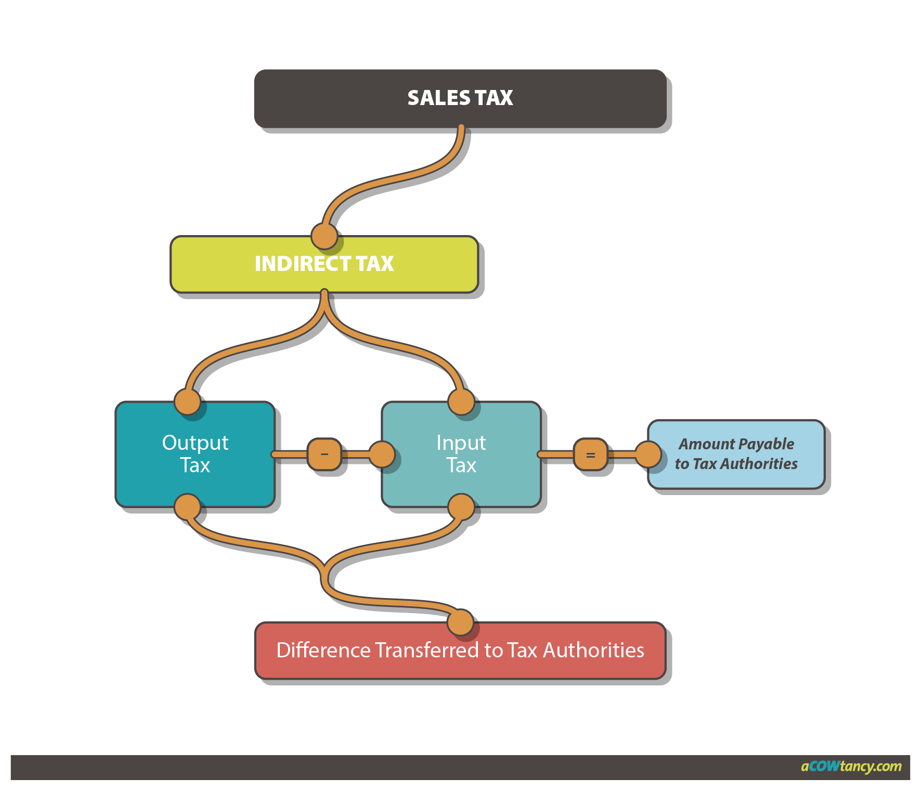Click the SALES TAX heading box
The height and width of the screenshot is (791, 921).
coord(460,98)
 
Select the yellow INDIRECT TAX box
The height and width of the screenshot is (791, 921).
coord(323,264)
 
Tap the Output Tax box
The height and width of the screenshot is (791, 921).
coord(195,454)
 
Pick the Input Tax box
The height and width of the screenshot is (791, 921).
coord(461,454)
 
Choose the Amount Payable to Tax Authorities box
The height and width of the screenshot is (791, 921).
coord(736,454)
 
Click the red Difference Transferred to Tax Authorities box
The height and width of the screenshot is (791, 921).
coord(460,651)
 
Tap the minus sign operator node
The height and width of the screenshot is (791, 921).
coord(325,454)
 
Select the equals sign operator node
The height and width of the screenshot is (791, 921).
coord(590,455)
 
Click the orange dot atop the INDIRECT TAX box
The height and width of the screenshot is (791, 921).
coord(324,237)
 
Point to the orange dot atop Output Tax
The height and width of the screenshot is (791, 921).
coord(187,401)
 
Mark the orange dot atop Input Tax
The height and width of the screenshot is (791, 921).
coord(461,401)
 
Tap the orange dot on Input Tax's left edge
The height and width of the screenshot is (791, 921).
coord(382,454)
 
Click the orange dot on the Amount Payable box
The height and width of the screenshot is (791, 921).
coord(648,454)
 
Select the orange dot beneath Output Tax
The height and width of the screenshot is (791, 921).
coord(187,507)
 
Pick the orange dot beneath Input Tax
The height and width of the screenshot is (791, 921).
coord(461,507)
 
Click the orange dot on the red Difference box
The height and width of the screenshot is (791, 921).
coord(460,623)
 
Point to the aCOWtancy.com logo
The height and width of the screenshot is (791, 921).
coord(851,767)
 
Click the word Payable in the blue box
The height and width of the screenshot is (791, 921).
coord(766,444)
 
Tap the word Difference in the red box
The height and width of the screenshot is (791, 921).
coord(323,651)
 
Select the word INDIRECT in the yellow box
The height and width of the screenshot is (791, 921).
coord(295,264)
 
